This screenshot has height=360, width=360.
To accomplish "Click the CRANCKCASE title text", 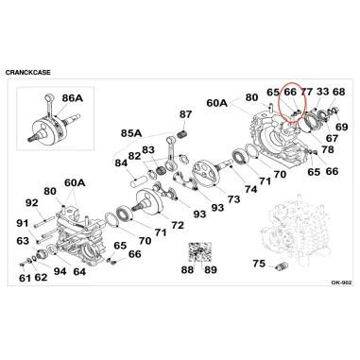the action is click(x=27, y=73).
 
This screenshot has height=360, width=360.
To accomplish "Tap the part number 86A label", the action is click(x=73, y=98).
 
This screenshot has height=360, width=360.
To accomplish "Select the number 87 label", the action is click(x=185, y=114).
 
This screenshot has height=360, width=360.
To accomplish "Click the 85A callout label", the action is click(x=131, y=133).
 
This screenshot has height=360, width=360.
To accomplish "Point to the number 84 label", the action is click(x=121, y=163).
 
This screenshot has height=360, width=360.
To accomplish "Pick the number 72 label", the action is click(x=178, y=225).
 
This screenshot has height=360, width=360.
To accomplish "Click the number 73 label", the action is click(x=233, y=199).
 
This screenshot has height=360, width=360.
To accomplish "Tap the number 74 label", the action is click(x=250, y=189).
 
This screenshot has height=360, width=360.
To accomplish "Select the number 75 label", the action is click(x=259, y=264).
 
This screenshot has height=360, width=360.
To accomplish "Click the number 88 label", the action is click(x=188, y=270).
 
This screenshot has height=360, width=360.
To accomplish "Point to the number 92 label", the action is click(x=31, y=203).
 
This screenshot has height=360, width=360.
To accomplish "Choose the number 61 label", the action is click(x=25, y=278).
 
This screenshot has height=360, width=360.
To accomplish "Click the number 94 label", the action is click(x=60, y=271).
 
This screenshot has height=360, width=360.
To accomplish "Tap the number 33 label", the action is click(x=322, y=92).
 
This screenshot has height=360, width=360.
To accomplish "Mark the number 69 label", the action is click(x=341, y=127).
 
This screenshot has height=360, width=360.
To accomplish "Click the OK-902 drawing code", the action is click(x=341, y=283).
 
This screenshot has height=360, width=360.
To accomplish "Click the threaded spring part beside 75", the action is click(x=280, y=266).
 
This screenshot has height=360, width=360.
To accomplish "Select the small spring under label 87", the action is click(x=181, y=133).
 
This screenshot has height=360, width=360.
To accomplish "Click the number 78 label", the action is click(x=327, y=149).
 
